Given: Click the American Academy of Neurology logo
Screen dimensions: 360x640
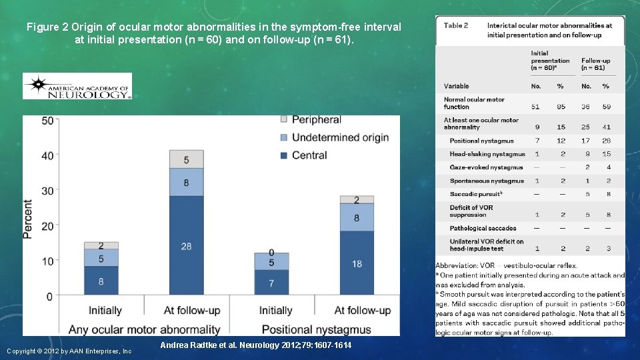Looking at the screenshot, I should point(77,86).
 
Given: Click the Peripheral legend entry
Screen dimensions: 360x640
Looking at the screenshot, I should point(310,120).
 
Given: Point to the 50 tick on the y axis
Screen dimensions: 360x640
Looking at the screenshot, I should point(47,121).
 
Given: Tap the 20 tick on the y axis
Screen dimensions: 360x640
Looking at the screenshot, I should point(47,226).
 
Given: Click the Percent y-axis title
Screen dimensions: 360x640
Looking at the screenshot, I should point(28,219).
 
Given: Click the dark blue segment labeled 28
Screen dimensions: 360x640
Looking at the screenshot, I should point(186,246).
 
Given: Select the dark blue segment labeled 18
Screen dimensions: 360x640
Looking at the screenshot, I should point(357,263).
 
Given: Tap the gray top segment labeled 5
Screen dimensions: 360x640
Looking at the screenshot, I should point(186,159).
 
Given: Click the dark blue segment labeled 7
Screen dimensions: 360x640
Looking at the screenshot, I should point(271,283).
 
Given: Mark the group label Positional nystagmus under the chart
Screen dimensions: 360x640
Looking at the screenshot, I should point(315,329).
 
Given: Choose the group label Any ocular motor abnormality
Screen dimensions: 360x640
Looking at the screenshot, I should point(155,329).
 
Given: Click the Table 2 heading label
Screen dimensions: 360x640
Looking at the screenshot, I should point(456,25).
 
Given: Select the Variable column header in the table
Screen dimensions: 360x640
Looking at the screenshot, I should point(457,86).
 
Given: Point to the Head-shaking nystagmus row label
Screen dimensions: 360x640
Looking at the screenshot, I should point(487,154).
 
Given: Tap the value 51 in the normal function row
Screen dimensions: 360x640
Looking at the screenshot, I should point(535,107).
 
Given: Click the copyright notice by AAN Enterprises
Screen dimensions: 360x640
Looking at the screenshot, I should point(69,351).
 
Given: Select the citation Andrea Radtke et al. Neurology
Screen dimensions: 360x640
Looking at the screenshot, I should point(256,345).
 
